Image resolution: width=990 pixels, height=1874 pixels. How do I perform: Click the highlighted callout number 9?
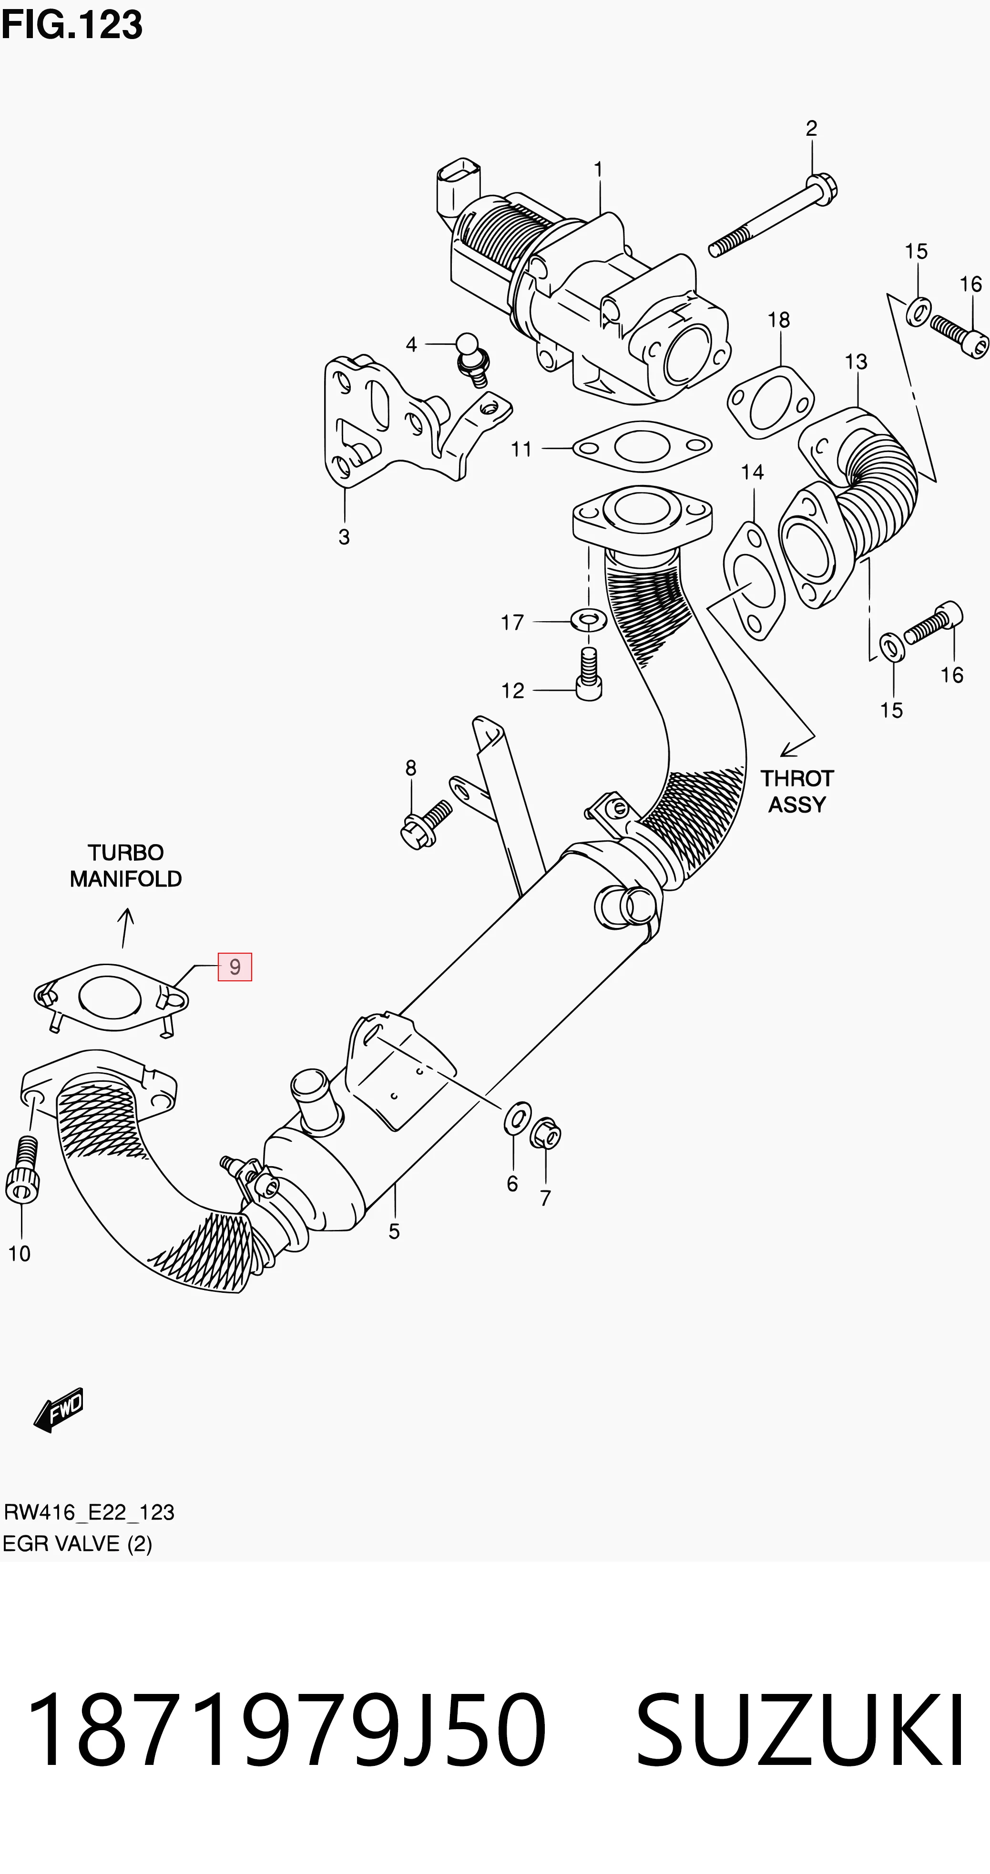(235, 967)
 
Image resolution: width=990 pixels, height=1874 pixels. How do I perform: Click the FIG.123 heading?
(72, 25)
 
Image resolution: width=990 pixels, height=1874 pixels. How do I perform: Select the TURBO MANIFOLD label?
(126, 866)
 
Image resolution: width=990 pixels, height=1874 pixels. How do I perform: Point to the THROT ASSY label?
(797, 792)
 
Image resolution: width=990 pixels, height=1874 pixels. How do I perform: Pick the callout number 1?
(598, 170)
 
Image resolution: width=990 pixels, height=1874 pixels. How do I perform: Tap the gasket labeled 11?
(642, 446)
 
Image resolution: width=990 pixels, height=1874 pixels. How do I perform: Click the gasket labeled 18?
(771, 403)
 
